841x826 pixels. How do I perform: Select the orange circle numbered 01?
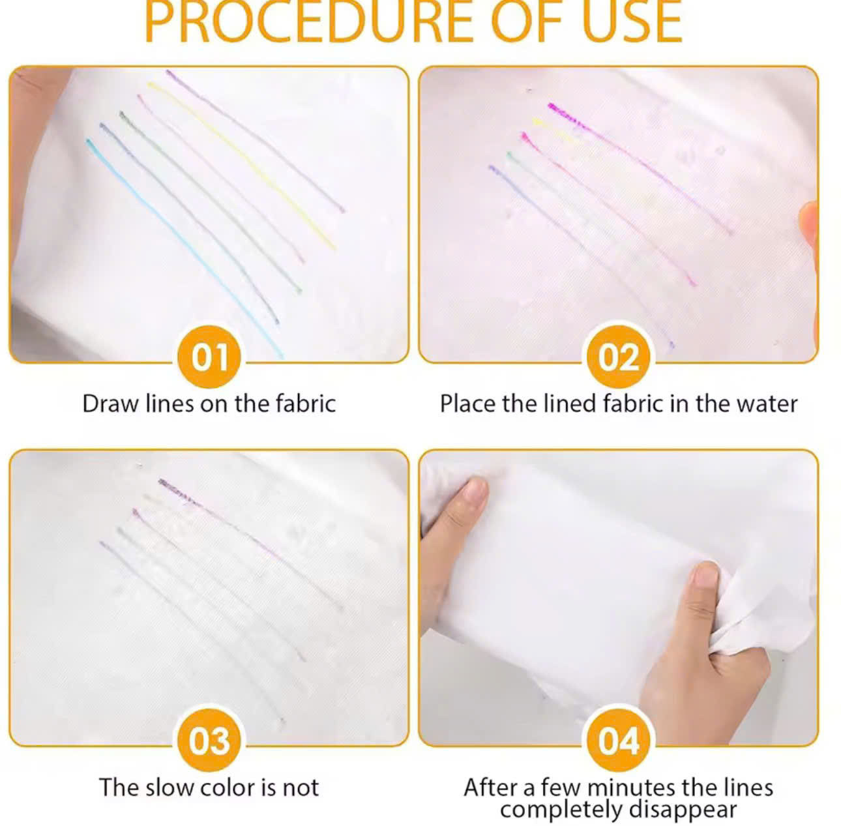click(x=209, y=357)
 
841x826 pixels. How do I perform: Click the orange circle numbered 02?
click(x=619, y=357)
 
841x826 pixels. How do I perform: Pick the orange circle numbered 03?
click(x=209, y=741)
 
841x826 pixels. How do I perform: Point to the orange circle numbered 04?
click(x=619, y=741)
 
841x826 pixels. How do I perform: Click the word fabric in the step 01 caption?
click(x=305, y=404)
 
